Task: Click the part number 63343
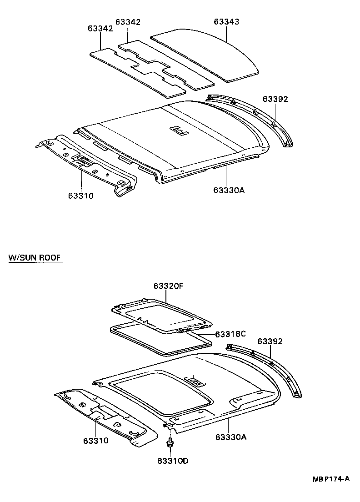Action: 226,22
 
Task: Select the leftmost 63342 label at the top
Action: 100,29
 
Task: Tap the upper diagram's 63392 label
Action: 275,99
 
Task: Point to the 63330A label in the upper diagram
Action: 229,190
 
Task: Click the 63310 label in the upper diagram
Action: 81,196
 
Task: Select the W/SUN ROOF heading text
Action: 35,258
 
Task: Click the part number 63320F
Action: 168,286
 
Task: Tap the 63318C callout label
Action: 230,334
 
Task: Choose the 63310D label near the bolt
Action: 173,461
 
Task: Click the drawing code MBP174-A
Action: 330,479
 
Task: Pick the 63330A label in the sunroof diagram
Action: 230,437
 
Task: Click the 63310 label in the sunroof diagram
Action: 96,441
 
